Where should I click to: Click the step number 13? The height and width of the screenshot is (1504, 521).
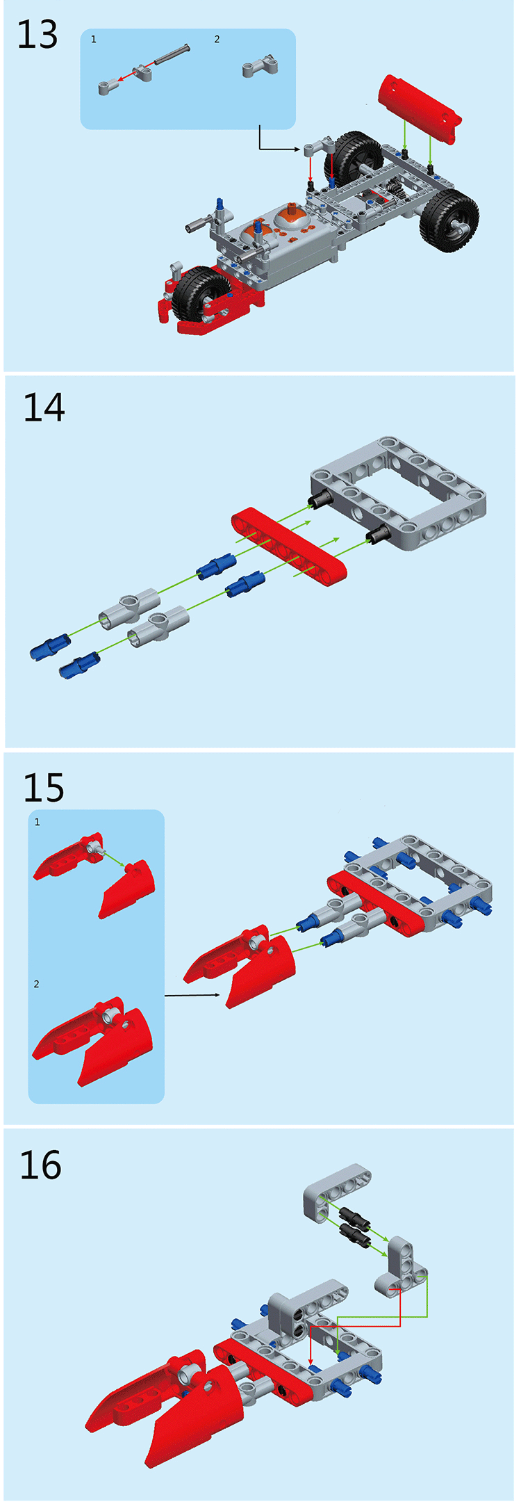click(x=38, y=35)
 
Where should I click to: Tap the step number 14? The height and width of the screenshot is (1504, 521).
click(x=44, y=408)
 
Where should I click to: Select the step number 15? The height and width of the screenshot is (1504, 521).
click(x=43, y=788)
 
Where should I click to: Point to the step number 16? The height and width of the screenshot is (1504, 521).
click(x=40, y=1165)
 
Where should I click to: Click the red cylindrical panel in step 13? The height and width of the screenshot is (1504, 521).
click(x=418, y=108)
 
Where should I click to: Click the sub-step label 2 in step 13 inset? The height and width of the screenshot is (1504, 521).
click(x=217, y=40)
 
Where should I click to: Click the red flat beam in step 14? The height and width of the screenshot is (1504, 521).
click(x=289, y=543)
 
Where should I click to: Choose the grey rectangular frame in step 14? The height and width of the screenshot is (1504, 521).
click(x=398, y=493)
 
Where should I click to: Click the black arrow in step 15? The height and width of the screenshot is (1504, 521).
click(x=192, y=996)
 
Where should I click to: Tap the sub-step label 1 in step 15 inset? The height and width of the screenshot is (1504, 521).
click(x=38, y=822)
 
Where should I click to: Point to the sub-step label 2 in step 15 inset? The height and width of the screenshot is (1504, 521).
click(x=37, y=984)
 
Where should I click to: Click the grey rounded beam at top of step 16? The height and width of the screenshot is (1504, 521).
click(x=337, y=1192)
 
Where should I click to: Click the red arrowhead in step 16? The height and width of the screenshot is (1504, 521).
click(x=311, y=1361)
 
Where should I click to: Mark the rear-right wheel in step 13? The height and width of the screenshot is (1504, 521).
click(x=449, y=220)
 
